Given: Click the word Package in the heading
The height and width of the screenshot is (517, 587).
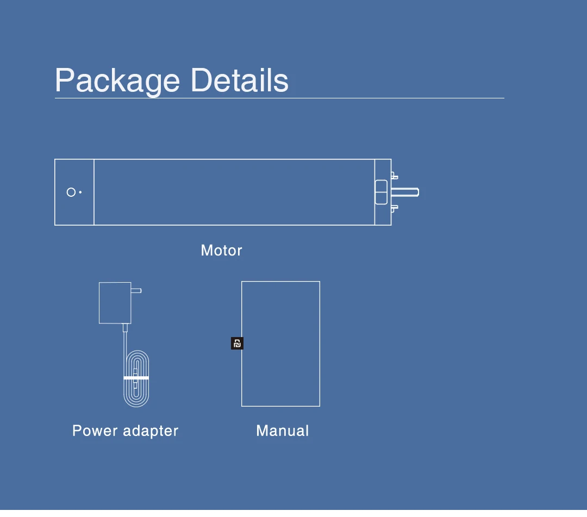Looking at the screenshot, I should pyautogui.click(x=117, y=81).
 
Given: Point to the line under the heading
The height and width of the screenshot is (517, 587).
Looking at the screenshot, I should pyautogui.click(x=279, y=98).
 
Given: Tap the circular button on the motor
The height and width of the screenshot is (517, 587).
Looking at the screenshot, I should pyautogui.click(x=71, y=192).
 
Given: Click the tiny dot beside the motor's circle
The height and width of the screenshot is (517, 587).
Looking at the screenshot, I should pyautogui.click(x=80, y=192).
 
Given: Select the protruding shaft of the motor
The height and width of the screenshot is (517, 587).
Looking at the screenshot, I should pyautogui.click(x=404, y=192).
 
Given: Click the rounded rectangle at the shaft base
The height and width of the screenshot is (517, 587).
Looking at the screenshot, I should pyautogui.click(x=381, y=192).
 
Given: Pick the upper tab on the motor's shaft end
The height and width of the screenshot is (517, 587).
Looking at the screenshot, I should pyautogui.click(x=394, y=176).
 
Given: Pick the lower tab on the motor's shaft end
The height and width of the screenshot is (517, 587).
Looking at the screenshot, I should pyautogui.click(x=394, y=208).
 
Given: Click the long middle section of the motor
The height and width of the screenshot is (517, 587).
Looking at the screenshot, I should pyautogui.click(x=234, y=192).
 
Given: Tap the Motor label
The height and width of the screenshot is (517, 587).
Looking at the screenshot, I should pyautogui.click(x=221, y=251).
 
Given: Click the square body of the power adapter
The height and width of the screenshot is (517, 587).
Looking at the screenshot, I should pyautogui.click(x=115, y=303).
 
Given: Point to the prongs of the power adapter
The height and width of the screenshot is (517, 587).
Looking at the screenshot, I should pyautogui.click(x=136, y=291).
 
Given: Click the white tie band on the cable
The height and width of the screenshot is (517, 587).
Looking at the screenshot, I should pyautogui.click(x=136, y=377).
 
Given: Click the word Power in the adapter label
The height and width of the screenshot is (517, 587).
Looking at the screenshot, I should pyautogui.click(x=95, y=431).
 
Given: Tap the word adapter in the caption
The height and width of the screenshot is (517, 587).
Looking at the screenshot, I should pyautogui.click(x=151, y=431).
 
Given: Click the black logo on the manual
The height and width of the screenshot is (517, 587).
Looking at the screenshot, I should pyautogui.click(x=237, y=344).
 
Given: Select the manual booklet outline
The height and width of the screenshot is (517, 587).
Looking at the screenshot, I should pyautogui.click(x=280, y=304).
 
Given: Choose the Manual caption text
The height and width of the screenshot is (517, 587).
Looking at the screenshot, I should pyautogui.click(x=282, y=431).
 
